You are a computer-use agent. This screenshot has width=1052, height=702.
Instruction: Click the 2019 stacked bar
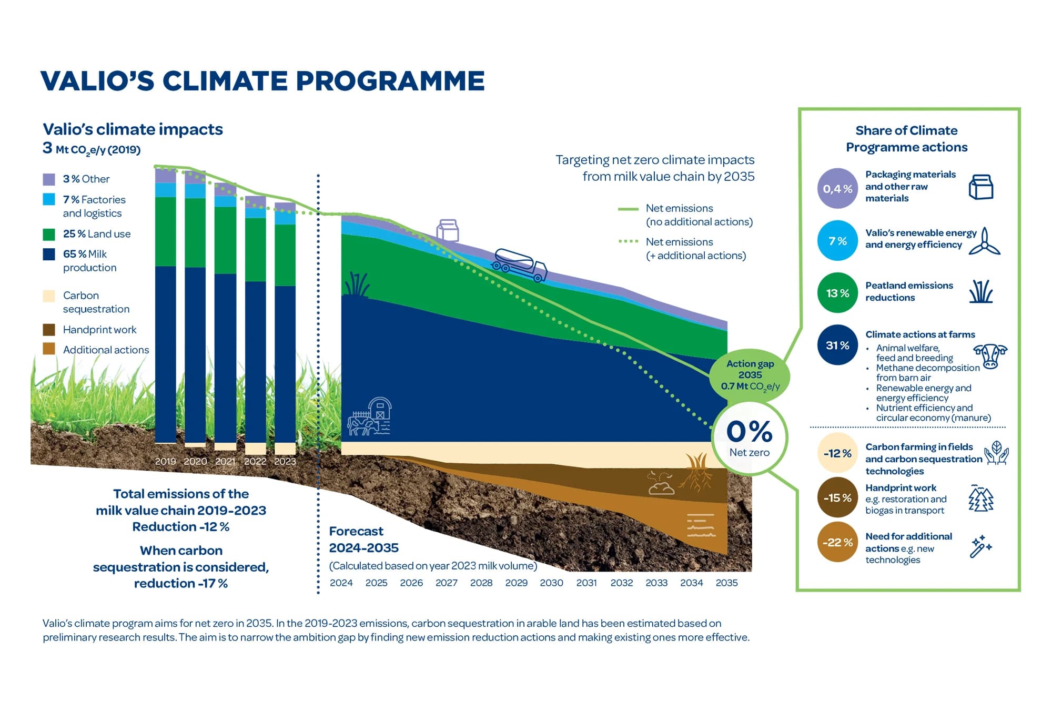pos(166,305)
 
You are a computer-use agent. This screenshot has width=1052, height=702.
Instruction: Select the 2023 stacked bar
pos(285,326)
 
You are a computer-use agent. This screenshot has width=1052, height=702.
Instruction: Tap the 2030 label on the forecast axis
pos(551,583)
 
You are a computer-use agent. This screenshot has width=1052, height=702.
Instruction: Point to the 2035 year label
pos(726,583)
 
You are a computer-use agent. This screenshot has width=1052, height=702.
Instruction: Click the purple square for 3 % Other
pos(49,179)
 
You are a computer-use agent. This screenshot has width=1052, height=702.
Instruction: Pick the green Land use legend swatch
pos(49,234)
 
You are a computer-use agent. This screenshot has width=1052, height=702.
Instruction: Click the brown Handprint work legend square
pos(49,330)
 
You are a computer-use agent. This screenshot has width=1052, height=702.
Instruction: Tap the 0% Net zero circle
pos(749,438)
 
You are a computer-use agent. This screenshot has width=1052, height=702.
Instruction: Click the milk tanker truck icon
pos(520,264)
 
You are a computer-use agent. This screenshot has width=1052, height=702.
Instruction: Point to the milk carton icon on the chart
pos(448,230)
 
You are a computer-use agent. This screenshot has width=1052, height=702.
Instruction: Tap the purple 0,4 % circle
pos(837,188)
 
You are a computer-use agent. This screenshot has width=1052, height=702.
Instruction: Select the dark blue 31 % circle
pos(837,345)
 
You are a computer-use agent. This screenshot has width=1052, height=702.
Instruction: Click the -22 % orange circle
pos(837,542)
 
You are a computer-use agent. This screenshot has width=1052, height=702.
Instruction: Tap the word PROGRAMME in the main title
pos(390,81)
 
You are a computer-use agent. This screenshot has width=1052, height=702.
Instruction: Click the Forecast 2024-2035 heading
pos(363,539)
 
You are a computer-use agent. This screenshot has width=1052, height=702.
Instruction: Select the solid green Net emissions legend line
pos(628,209)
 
